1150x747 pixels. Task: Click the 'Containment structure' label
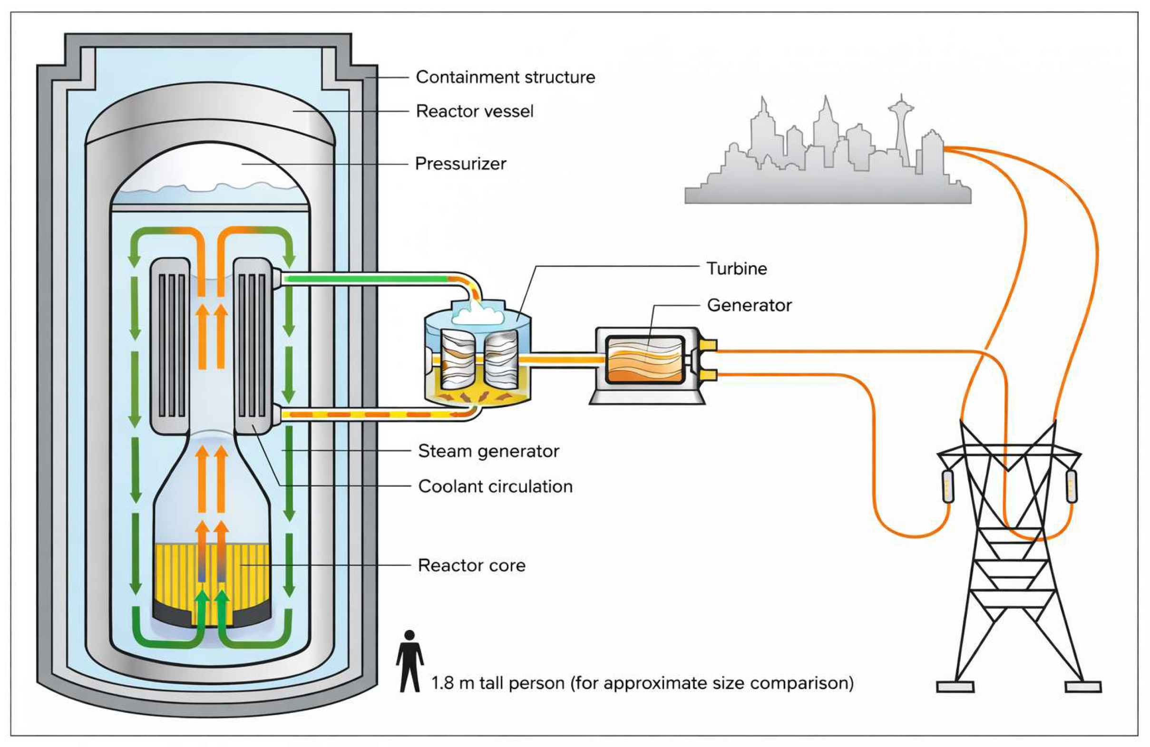[506, 77]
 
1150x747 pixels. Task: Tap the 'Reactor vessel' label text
[475, 111]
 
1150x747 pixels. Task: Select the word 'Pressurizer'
[460, 164]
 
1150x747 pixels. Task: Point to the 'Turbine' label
[737, 268]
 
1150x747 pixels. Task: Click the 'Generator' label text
[749, 305]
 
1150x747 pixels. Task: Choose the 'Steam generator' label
[488, 451]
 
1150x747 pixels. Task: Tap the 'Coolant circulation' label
[495, 486]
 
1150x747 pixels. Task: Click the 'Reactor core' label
[472, 565]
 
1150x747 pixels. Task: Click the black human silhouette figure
[410, 660]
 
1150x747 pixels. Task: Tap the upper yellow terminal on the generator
[708, 345]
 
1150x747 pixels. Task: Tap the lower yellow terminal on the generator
[708, 376]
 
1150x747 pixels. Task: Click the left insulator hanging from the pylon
[948, 486]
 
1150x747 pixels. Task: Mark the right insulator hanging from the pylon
[1071, 486]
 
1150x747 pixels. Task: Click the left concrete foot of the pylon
[955, 687]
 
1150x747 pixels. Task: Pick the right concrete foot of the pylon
[1083, 687]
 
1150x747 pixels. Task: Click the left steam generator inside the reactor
[170, 346]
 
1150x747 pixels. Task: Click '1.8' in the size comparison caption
[441, 683]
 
